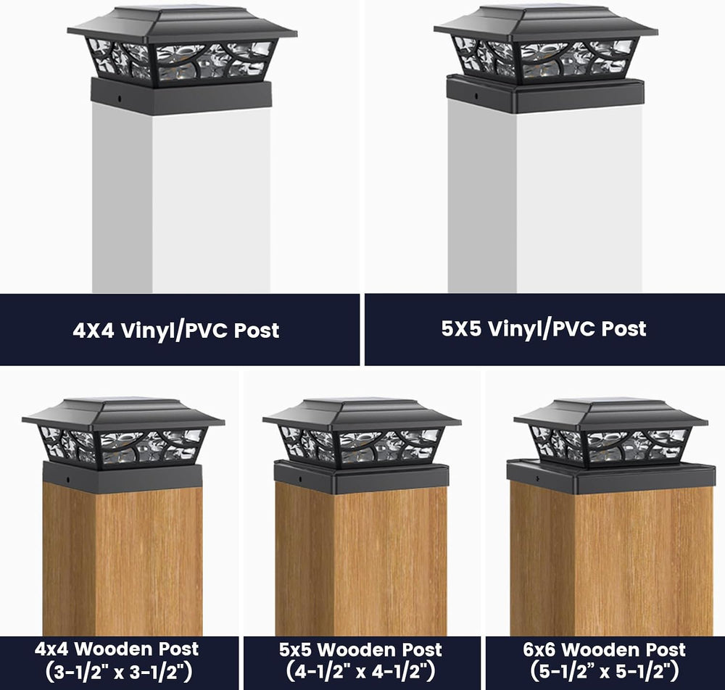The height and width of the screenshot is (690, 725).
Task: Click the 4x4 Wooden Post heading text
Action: point(117,649)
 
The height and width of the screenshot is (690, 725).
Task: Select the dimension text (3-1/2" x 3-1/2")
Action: point(119,672)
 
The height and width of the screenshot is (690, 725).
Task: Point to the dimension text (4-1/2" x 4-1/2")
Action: point(360,671)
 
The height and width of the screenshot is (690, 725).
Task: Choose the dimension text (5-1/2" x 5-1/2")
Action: point(605,671)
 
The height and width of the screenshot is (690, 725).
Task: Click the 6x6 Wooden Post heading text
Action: point(605,650)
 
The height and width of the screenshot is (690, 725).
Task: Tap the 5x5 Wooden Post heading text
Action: point(360,650)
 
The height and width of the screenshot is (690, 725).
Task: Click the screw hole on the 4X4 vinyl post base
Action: point(120,99)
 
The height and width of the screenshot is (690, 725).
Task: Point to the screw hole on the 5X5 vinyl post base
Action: point(476,96)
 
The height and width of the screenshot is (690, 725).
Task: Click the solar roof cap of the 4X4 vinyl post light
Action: point(182,25)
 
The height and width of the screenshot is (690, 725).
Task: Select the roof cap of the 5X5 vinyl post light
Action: point(546,25)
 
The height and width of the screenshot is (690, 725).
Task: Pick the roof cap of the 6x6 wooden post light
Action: point(610,415)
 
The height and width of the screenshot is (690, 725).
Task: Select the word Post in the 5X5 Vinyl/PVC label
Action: point(623,328)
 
